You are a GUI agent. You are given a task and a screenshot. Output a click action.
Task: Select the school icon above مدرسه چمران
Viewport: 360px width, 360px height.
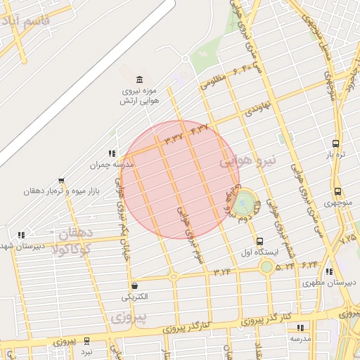(111, 153)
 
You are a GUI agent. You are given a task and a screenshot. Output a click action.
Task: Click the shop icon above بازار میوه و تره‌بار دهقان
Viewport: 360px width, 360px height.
(61, 180)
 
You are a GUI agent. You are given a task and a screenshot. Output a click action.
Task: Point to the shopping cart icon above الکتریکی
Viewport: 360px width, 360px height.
(134, 285)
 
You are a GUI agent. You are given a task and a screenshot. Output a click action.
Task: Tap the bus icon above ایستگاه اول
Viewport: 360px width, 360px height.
(260, 240)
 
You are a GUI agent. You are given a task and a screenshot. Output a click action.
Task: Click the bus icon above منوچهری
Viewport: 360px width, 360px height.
(337, 191)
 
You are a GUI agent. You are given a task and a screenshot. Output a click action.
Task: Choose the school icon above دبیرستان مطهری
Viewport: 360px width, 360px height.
(328, 272)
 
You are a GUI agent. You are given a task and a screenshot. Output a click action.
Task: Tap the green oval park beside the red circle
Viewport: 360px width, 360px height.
(243, 205)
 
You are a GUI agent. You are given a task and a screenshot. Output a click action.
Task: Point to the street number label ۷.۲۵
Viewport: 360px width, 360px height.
(348, 239)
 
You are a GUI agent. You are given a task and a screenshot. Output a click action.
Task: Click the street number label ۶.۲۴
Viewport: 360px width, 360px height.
(309, 265)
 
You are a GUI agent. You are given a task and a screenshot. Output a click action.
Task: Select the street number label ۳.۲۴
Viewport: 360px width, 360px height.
(222, 271)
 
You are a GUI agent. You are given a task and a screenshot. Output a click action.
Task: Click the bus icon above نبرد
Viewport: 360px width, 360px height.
(86, 340)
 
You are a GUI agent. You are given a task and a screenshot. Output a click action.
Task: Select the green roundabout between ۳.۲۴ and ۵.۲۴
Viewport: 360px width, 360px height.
(266, 266)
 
